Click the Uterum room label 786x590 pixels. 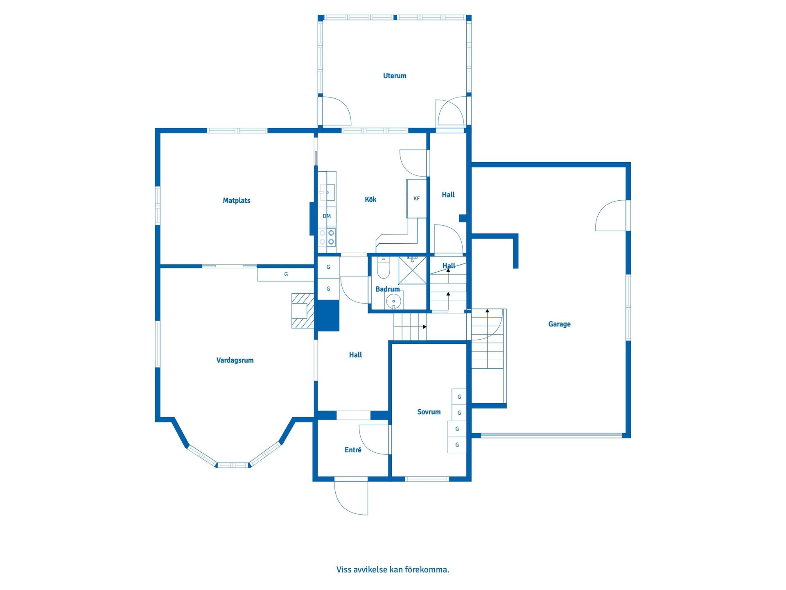coord(395,76)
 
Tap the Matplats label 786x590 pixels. coord(237,201)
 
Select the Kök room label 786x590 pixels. coord(370,200)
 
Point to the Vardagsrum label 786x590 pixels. coord(235,361)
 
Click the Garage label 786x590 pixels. coord(559,324)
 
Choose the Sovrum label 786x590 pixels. coord(429,412)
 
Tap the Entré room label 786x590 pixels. coord(353,450)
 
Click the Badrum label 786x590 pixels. coord(388,289)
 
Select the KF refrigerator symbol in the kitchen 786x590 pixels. coord(416,199)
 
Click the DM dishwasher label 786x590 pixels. coord(327,216)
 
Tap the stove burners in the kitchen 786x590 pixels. coord(327,237)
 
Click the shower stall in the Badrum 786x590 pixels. coord(412,270)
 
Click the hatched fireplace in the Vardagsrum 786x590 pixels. coord(303,311)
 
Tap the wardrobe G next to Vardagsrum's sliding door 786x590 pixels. coord(286,275)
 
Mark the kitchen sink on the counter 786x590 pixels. coord(327,192)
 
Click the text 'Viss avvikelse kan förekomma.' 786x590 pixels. coord(393,570)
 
